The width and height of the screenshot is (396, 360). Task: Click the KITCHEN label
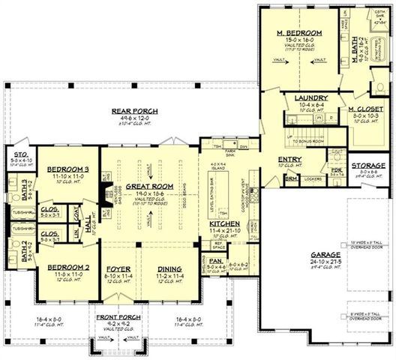(224, 224)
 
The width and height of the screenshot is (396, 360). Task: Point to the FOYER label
(119, 268)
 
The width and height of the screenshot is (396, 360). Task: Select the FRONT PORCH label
(115, 317)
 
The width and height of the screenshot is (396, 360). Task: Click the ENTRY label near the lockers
(289, 160)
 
